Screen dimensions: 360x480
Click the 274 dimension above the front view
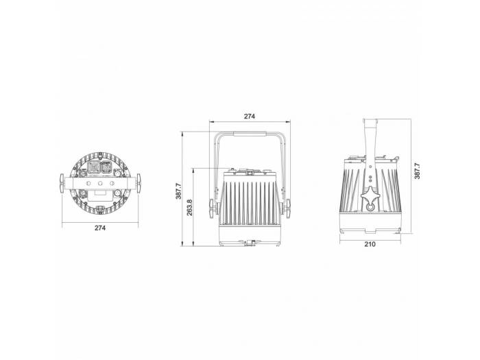coord(249,117)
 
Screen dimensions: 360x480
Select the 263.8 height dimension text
coord(189,206)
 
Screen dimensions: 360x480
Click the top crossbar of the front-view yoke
coord(250,134)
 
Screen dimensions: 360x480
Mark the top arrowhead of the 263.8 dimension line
coord(194,168)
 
